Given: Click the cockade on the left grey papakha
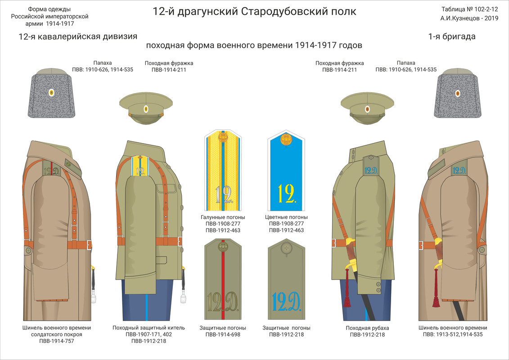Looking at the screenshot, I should click(51, 93).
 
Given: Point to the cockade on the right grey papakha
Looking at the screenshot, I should click(458, 94).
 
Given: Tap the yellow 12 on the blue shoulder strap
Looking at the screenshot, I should click(286, 193).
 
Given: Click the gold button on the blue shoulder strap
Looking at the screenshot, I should click(286, 139).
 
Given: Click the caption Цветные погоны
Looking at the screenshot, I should click(286, 217).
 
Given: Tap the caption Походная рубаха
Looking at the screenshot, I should click(367, 328).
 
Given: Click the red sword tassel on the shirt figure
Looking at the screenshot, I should click(347, 297).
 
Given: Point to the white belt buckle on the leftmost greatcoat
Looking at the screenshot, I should click(89, 245).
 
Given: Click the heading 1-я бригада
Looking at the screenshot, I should click(452, 37).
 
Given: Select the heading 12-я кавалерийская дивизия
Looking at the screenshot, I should click(78, 37).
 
